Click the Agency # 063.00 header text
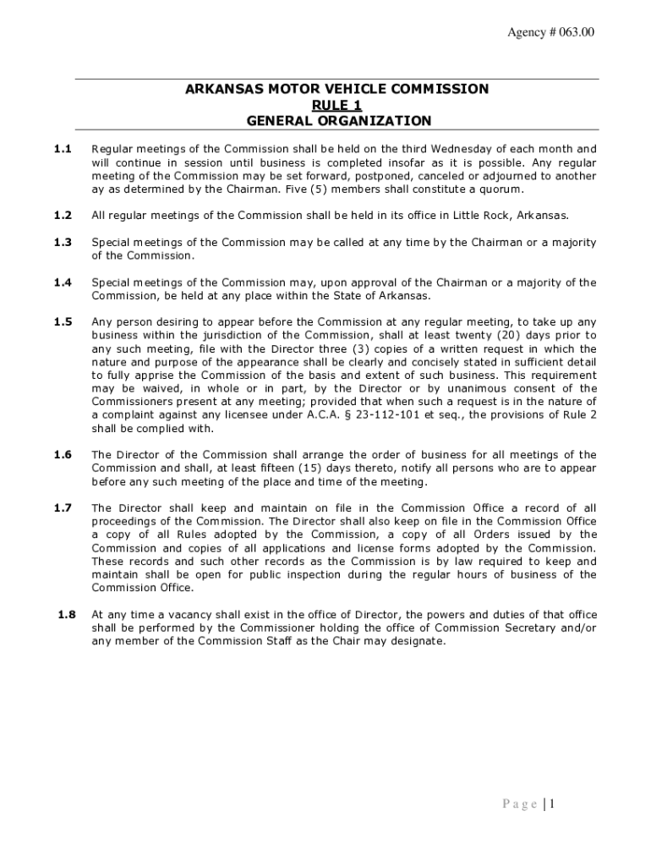click(550, 32)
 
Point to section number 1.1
click(63, 149)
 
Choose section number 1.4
click(63, 282)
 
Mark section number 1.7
click(63, 507)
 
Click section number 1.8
click(67, 614)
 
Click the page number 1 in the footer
click(551, 804)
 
